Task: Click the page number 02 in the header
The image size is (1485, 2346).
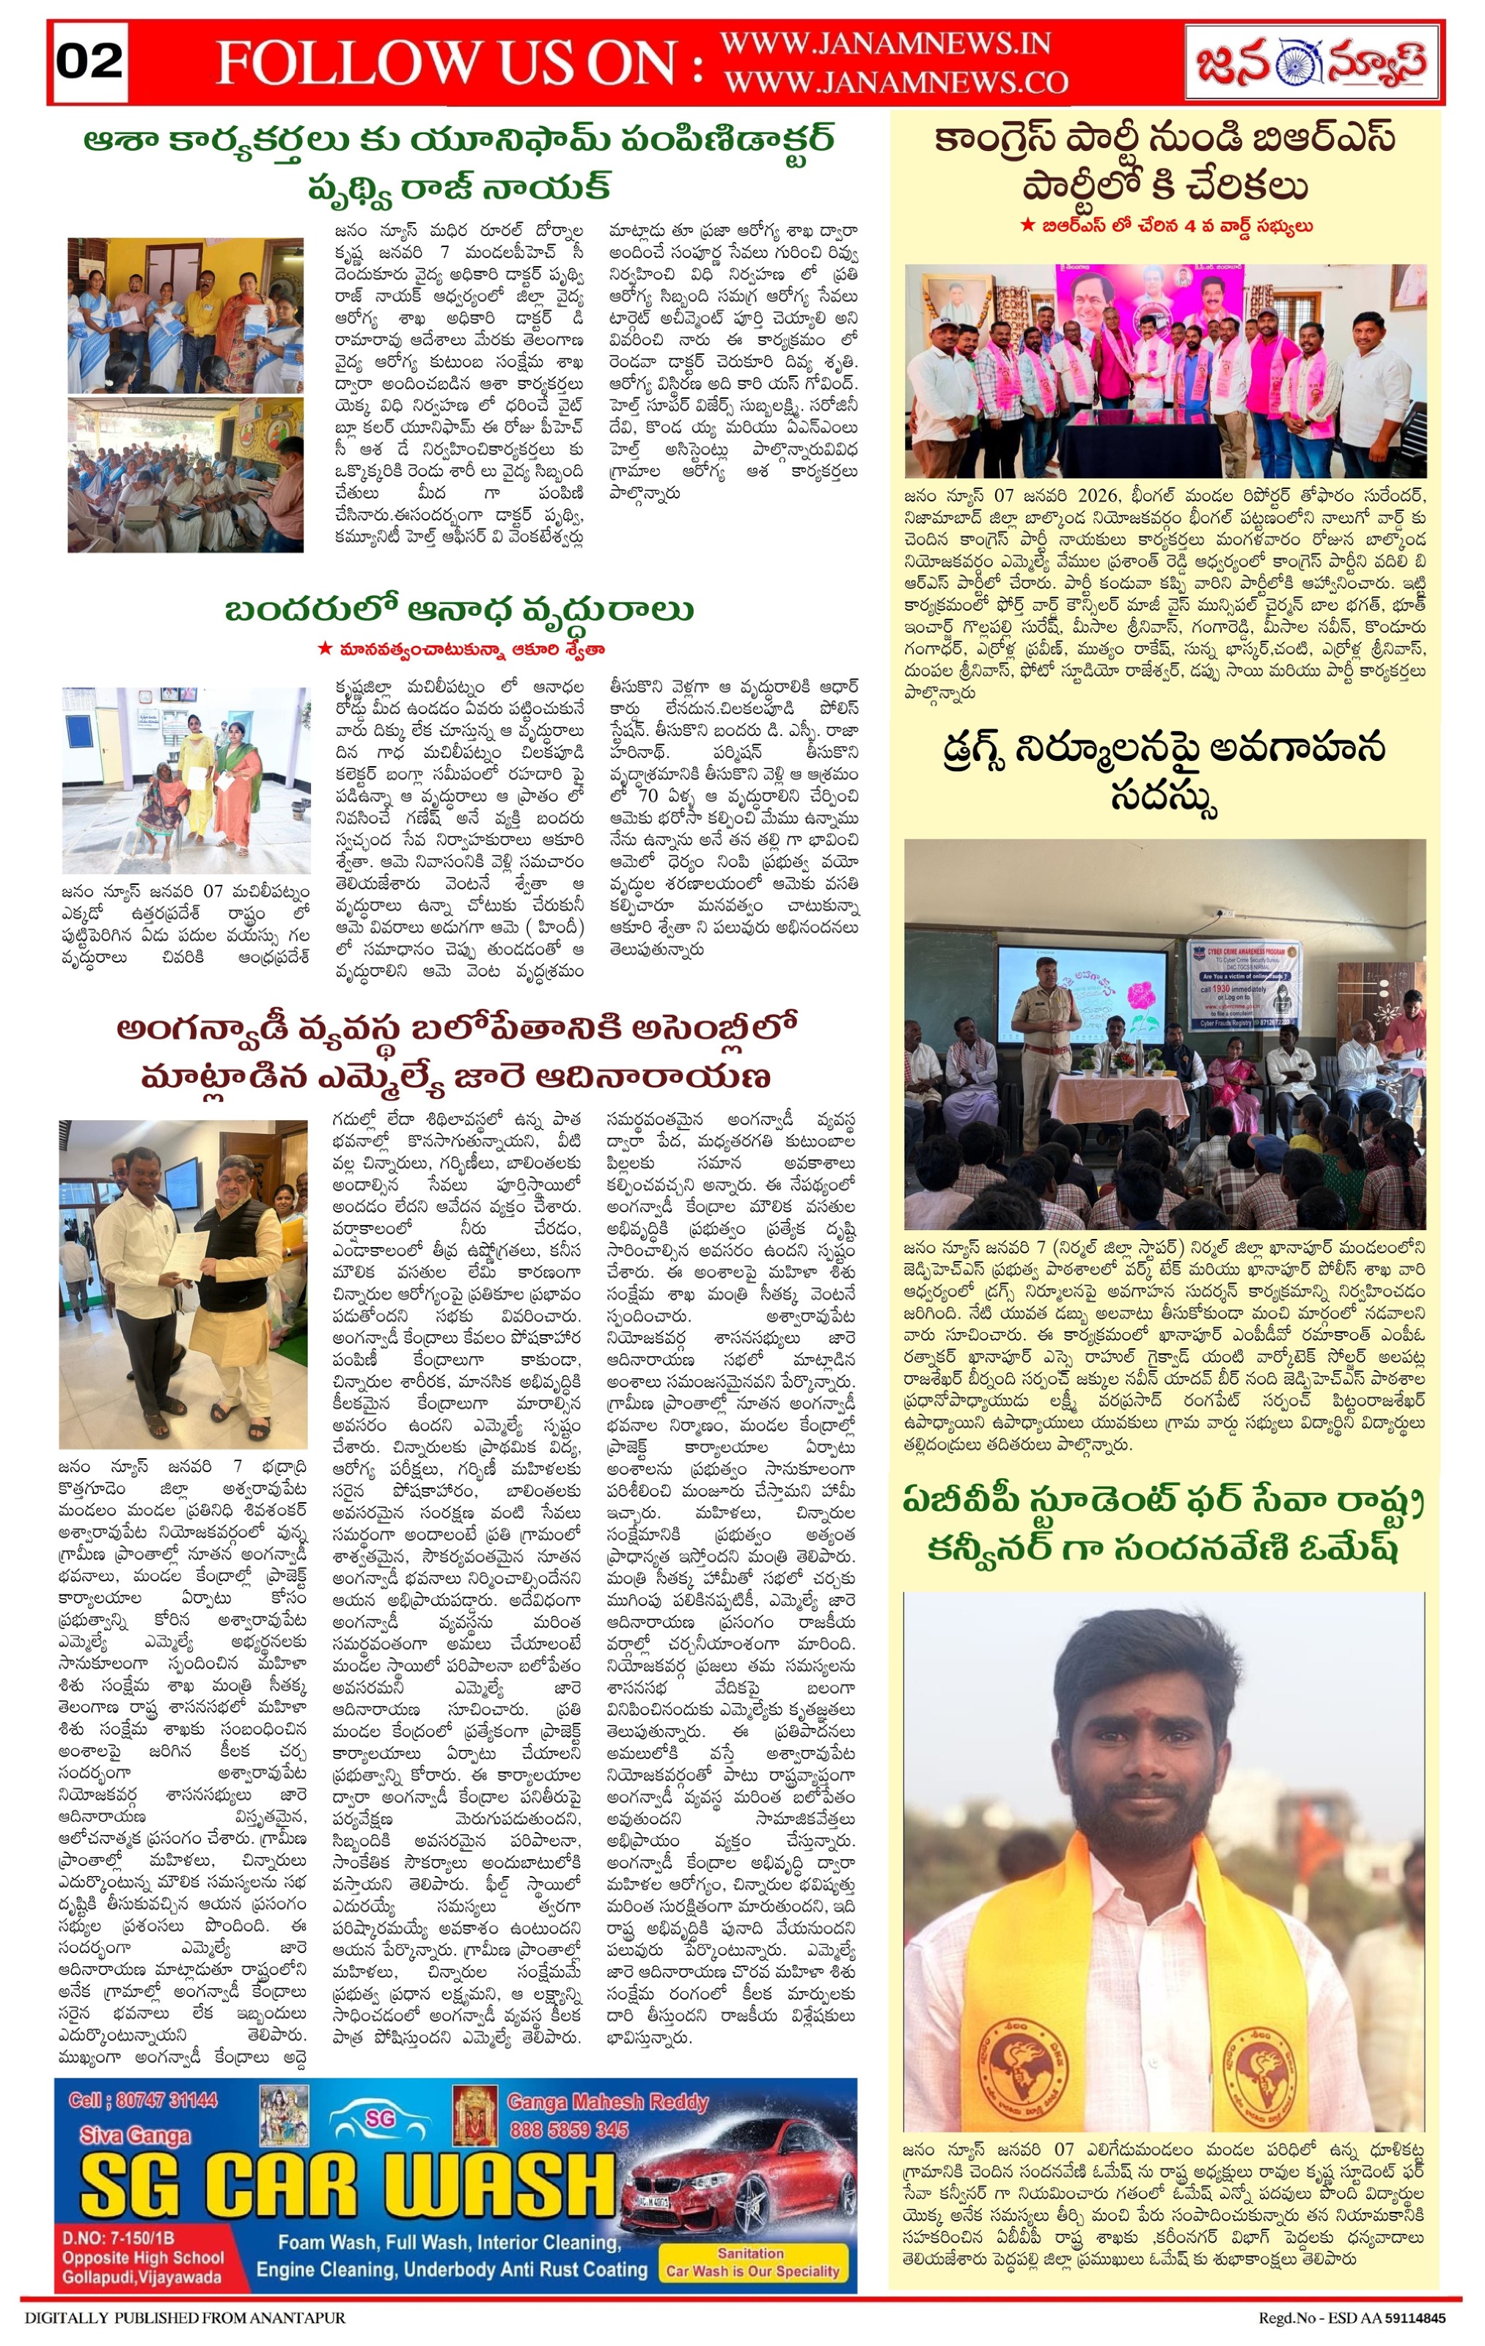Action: (x=89, y=62)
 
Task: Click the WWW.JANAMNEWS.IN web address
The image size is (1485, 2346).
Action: (x=884, y=44)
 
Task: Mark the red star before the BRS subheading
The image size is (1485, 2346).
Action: (x=1027, y=225)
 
